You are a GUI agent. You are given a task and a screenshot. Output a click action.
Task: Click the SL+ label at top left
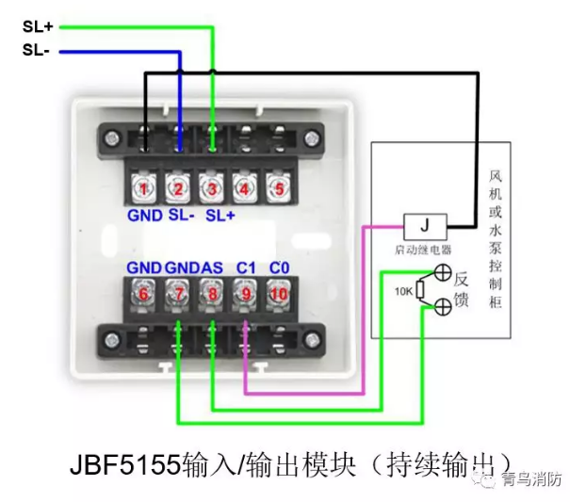pos(37,27)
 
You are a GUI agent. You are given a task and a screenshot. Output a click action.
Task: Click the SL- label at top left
pos(35,50)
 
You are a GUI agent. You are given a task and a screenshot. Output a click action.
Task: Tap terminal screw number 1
pos(143,187)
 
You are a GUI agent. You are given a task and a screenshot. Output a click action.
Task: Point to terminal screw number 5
pos(276,187)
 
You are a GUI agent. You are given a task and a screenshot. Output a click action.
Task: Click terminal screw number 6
pos(143,294)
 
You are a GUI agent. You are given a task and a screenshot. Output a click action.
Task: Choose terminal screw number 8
pos(212,294)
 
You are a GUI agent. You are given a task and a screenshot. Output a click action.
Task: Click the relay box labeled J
pos(424,227)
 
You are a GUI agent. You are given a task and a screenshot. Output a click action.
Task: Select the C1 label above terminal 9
pos(247,267)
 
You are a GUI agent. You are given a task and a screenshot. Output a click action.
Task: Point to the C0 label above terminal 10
pos(280,267)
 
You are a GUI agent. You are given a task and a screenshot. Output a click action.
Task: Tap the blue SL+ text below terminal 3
pos(220,215)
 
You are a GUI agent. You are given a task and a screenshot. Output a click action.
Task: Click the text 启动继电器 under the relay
pos(424,251)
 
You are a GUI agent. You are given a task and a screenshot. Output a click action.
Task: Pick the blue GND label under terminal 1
pos(143,215)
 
